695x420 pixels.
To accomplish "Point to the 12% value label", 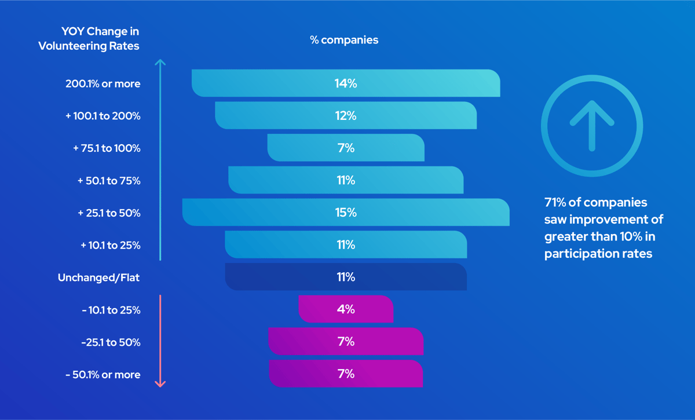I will coord(346,116).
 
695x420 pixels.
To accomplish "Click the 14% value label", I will coord(346,83).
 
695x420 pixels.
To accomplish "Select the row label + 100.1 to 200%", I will coord(103,116).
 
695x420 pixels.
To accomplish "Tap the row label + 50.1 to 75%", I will coord(109,181).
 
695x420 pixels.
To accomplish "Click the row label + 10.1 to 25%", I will coord(110,245).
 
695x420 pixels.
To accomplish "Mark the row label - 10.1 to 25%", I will coord(111,310).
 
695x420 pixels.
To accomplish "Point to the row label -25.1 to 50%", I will coord(111,342).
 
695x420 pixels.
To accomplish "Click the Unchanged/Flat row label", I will coord(98,277).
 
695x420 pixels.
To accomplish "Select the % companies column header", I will coord(344,40).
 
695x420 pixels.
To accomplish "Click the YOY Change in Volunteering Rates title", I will coord(89,38).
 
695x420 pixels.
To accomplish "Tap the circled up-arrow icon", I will coord(591,126).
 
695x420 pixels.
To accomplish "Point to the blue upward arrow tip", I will coord(160,61).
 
